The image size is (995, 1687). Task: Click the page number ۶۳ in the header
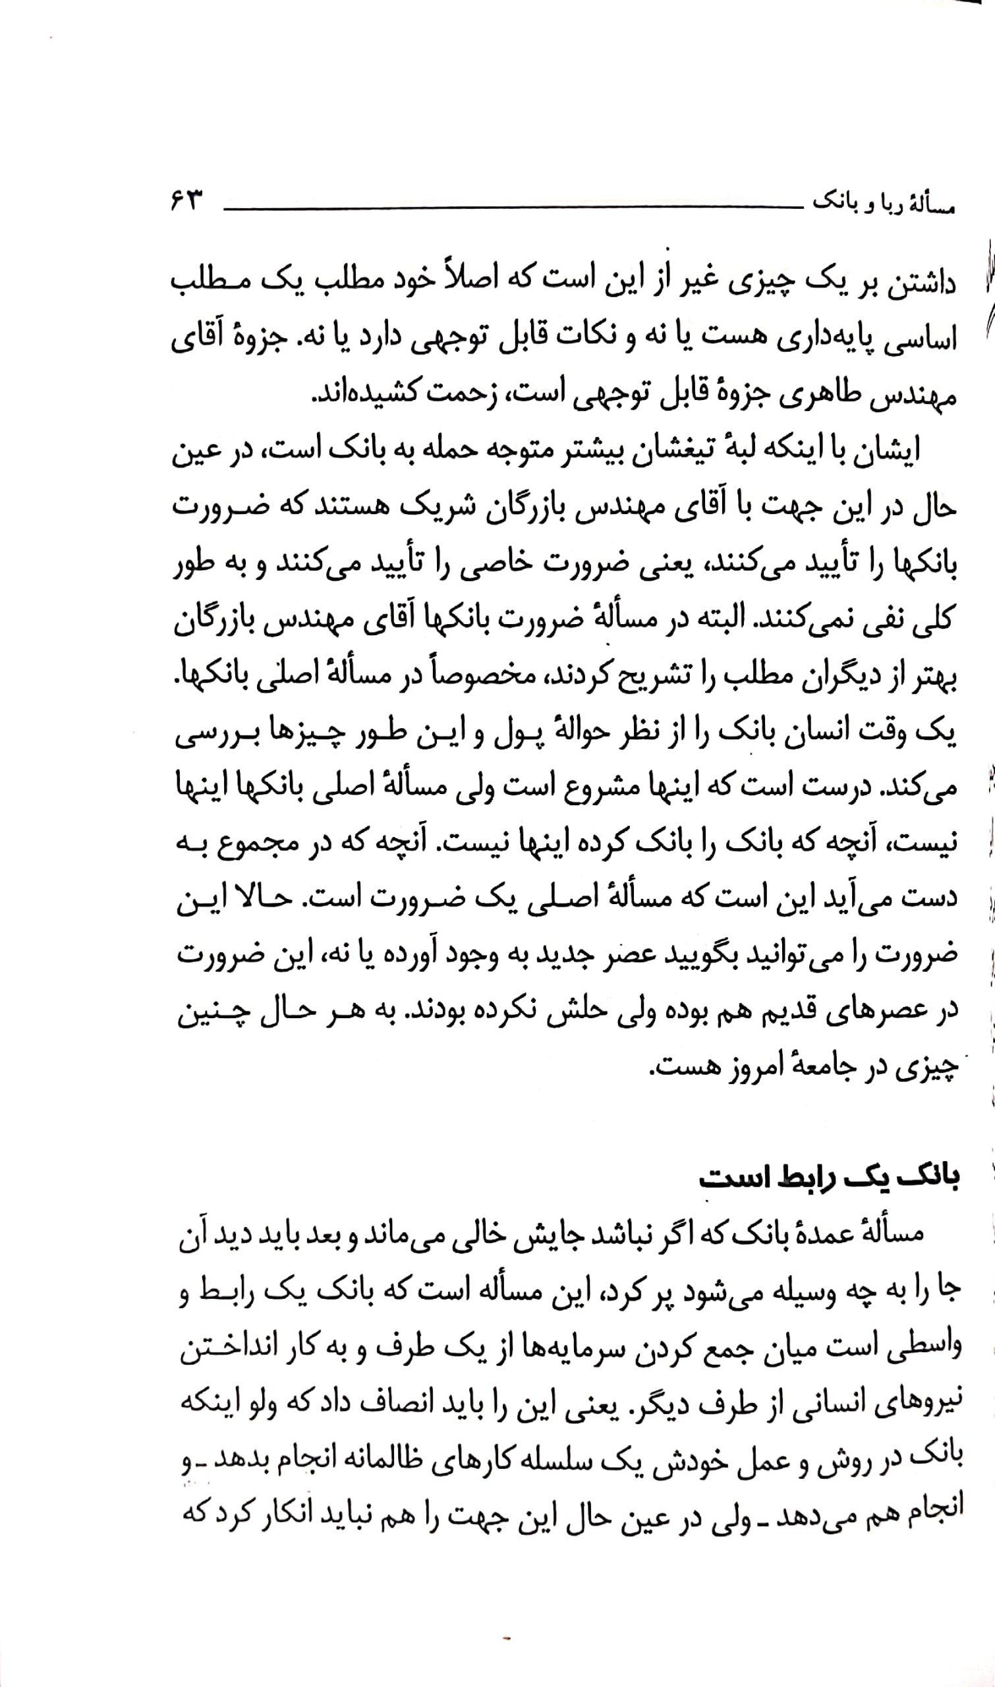pos(186,200)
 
